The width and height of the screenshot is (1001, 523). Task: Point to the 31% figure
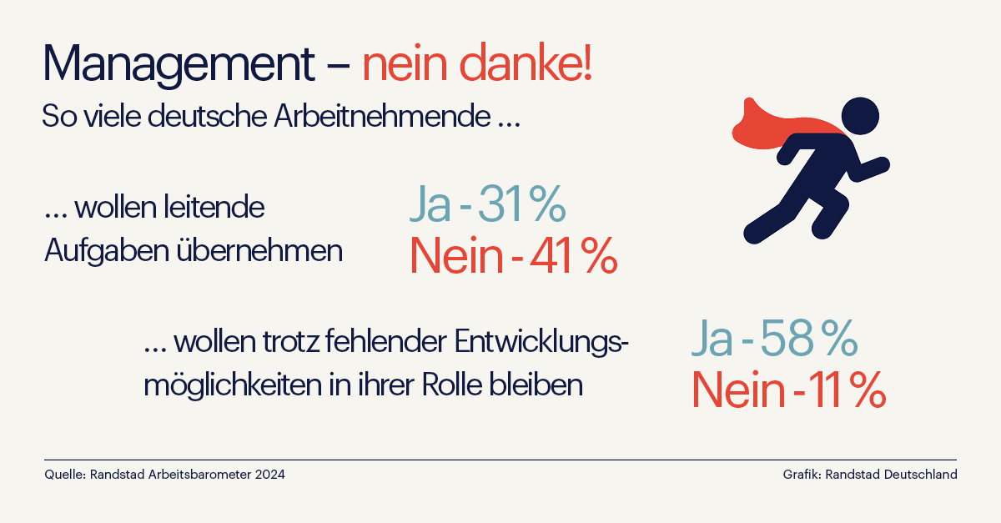(x=522, y=206)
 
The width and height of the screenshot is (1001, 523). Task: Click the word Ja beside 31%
(x=430, y=206)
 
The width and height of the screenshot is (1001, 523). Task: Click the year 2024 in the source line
(x=269, y=475)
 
